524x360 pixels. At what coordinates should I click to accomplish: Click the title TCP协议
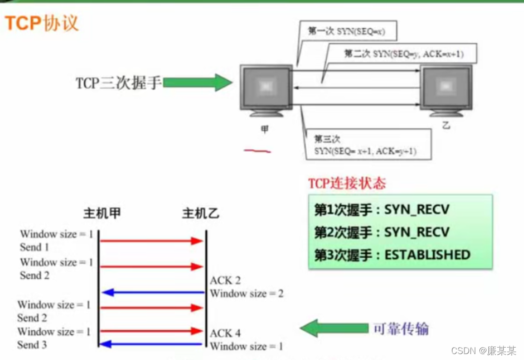[x=42, y=23]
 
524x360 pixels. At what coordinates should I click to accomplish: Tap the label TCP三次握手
[x=118, y=83]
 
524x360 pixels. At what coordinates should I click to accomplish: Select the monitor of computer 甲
[x=265, y=88]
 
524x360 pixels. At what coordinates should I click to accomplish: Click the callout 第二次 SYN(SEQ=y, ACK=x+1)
[x=404, y=54]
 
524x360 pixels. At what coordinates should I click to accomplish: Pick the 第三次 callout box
[x=365, y=145]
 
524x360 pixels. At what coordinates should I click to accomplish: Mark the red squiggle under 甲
[x=257, y=150]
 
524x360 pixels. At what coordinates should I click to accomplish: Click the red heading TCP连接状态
[x=347, y=183]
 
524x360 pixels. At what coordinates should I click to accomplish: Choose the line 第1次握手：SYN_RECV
[x=382, y=210]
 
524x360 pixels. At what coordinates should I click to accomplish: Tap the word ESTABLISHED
[x=427, y=255]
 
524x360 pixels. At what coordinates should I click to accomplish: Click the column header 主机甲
[x=102, y=214]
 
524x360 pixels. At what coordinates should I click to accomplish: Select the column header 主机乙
[x=201, y=214]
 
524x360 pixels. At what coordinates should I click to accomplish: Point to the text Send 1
[x=34, y=247]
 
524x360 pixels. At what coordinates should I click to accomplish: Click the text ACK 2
[x=225, y=281]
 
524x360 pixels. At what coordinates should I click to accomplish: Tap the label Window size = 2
[x=246, y=294]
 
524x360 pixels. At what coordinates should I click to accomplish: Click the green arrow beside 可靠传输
[x=332, y=328]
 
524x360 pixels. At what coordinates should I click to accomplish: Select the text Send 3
[x=32, y=345]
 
